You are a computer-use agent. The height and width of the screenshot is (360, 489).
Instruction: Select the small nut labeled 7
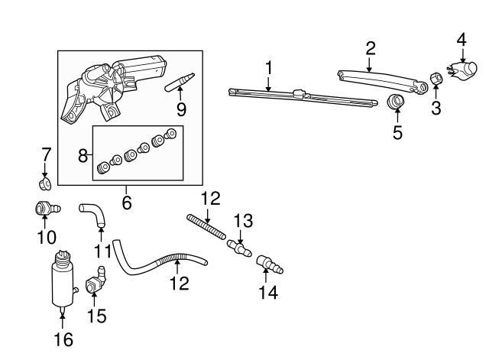44,183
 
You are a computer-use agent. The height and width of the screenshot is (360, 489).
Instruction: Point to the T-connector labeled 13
241,247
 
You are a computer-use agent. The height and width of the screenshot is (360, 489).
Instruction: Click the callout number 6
127,203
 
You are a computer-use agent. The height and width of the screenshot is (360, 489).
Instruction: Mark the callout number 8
84,157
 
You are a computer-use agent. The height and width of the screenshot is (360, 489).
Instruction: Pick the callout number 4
461,38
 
